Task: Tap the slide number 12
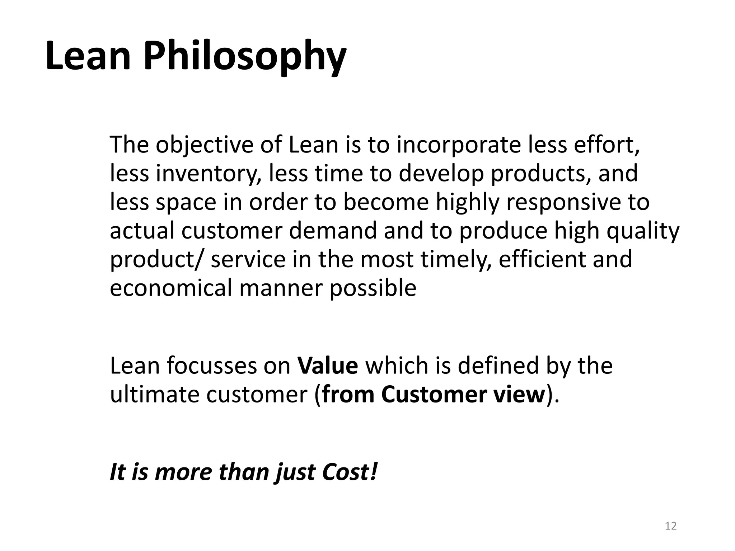click(x=670, y=526)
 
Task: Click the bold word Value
click(x=328, y=366)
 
